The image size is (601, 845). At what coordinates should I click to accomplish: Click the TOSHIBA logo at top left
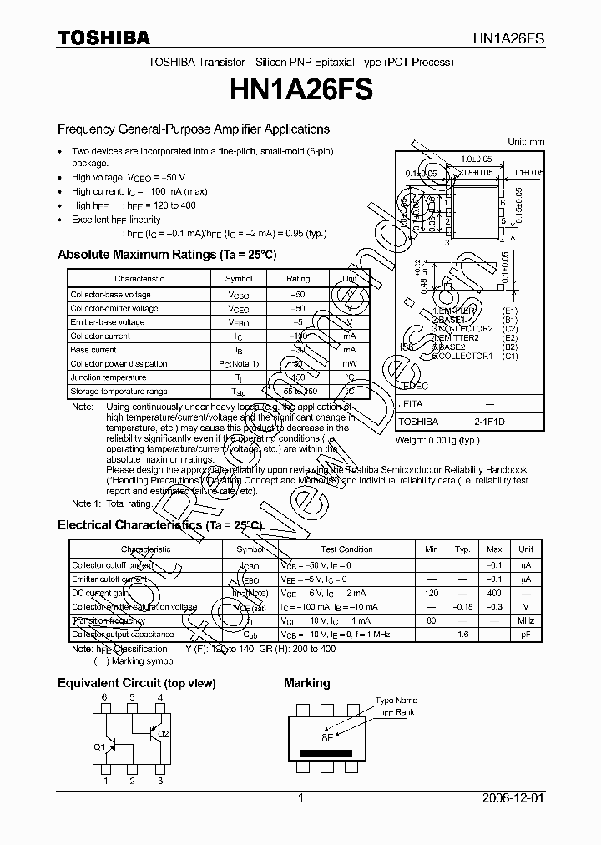tap(104, 38)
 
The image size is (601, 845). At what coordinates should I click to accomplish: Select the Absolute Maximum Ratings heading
tap(166, 254)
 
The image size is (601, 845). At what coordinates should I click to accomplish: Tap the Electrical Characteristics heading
tap(159, 525)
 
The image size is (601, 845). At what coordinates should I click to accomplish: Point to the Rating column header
tap(297, 278)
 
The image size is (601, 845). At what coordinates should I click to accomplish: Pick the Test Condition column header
tap(346, 549)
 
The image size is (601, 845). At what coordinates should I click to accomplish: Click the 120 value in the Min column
tap(431, 592)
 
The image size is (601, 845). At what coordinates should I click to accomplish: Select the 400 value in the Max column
tap(494, 592)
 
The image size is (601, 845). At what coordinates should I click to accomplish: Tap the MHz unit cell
tap(525, 620)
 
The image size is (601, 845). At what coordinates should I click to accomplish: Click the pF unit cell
tap(525, 635)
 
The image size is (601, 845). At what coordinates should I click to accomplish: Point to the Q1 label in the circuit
tap(98, 746)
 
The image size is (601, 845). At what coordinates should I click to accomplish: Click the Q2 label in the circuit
tap(163, 734)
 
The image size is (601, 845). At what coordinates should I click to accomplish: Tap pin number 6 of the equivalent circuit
tap(105, 696)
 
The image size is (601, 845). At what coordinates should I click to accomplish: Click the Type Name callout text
tap(395, 701)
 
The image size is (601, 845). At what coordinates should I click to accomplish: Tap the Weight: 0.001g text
tap(437, 440)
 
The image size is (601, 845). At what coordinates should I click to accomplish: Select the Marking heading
tap(306, 683)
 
